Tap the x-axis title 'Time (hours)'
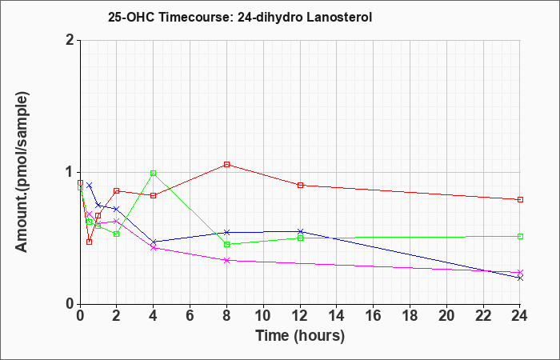[300, 335]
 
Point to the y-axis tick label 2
[70, 40]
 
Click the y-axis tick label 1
[70, 172]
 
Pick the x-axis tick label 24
[520, 316]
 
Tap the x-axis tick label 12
[300, 316]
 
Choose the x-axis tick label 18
[410, 316]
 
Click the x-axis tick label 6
[190, 316]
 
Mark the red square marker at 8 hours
[227, 164]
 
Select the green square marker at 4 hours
[153, 173]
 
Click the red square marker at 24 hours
[520, 199]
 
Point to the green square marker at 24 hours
[520, 236]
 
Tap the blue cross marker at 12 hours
[300, 231]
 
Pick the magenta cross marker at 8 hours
[227, 260]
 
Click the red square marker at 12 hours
[300, 185]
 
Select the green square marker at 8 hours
[227, 244]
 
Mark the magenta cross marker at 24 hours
[520, 273]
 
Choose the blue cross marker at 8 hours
[227, 232]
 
